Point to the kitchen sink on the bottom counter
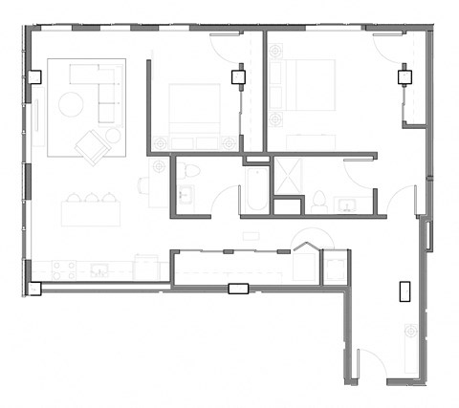[99, 271]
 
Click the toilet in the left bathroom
[190, 172]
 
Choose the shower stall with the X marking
[287, 175]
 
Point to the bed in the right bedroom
[308, 89]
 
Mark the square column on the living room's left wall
[34, 78]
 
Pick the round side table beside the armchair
[114, 136]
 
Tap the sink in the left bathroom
[185, 198]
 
